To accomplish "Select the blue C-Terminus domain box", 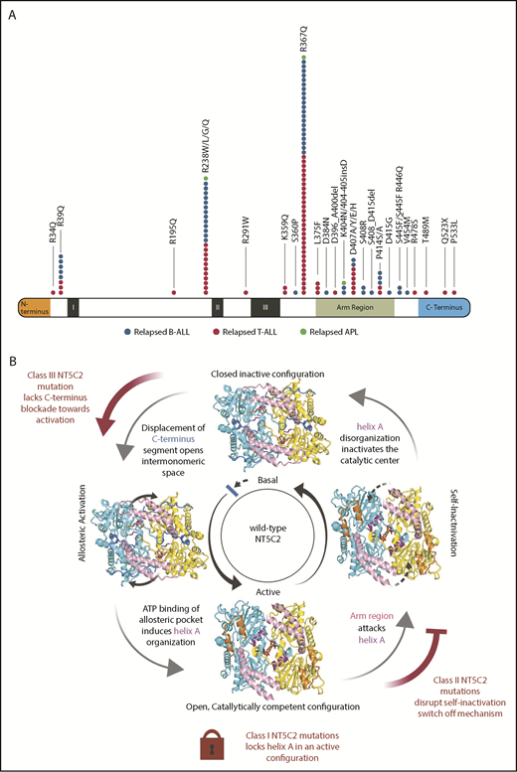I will coord(442,307).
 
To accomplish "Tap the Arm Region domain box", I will coord(354,307).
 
